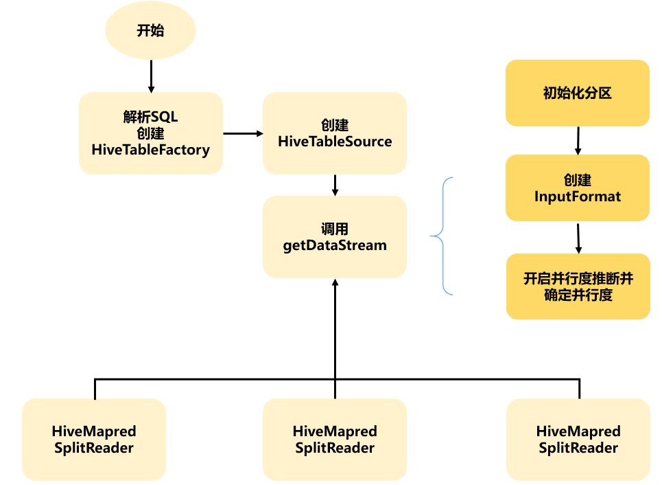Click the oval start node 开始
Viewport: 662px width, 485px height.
(x=150, y=31)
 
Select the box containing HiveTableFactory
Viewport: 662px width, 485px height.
(x=151, y=133)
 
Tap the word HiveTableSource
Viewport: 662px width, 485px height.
(x=335, y=142)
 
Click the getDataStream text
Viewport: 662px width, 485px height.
(x=335, y=245)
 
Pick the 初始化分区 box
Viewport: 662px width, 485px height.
(x=577, y=93)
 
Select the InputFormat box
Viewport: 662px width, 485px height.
(x=577, y=188)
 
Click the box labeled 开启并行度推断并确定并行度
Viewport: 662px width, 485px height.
(x=578, y=286)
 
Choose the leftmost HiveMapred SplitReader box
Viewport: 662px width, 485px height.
(x=94, y=440)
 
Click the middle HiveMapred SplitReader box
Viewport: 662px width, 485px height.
(x=335, y=440)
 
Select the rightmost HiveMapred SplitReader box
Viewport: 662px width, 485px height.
(x=578, y=440)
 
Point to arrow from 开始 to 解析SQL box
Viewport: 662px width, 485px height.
(x=151, y=76)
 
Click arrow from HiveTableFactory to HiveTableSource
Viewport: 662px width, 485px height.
(x=244, y=133)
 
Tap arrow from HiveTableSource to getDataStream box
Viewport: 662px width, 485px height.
(x=335, y=184)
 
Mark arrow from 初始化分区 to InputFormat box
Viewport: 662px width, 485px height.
(x=578, y=140)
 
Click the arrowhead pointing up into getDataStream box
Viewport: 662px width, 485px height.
(x=335, y=283)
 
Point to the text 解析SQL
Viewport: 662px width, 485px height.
(x=150, y=117)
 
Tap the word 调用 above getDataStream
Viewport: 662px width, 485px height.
(x=335, y=229)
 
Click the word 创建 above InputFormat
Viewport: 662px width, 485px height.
(x=577, y=180)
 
